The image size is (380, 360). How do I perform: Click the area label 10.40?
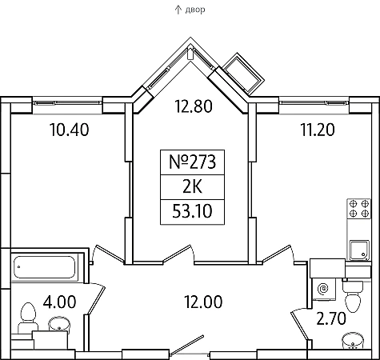click(x=70, y=130)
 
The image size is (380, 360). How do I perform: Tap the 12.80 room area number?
click(x=194, y=106)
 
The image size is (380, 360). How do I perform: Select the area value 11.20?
click(x=318, y=130)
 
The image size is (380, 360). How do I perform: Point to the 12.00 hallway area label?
click(x=203, y=302)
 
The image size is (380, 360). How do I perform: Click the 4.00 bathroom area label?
click(x=60, y=302)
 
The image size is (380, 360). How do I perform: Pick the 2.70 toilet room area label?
click(x=331, y=318)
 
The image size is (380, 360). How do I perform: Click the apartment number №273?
click(x=192, y=162)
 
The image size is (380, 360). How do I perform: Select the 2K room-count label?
click(x=192, y=186)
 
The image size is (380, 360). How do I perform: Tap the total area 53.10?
click(x=192, y=211)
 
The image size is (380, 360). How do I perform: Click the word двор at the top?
click(x=195, y=10)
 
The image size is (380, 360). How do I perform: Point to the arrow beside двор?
click(x=178, y=10)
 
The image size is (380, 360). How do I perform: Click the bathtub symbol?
click(x=44, y=267)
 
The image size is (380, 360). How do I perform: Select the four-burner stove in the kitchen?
click(x=358, y=209)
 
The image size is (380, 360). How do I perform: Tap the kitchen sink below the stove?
click(x=359, y=250)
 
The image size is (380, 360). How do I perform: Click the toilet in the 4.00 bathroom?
click(x=26, y=318)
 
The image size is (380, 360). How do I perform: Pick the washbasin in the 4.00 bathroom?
click(x=59, y=325)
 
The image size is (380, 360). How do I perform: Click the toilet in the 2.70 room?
click(x=353, y=295)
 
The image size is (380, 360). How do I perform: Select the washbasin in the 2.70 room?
click(x=353, y=341)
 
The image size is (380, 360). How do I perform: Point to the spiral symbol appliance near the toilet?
click(x=323, y=288)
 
